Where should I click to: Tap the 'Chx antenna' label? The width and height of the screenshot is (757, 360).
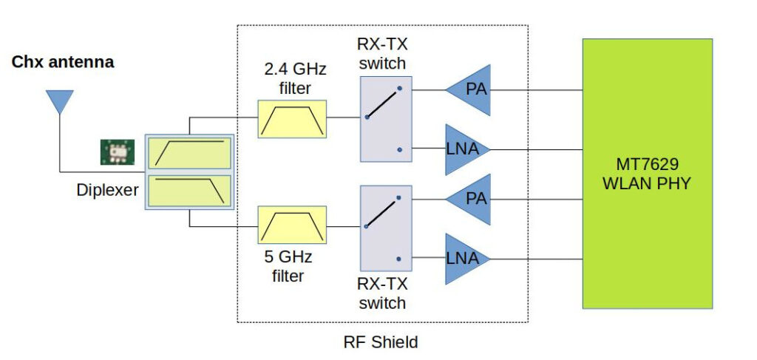63,62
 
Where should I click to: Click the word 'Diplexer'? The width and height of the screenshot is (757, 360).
107,190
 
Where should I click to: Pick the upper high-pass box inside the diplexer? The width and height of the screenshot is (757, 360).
190,153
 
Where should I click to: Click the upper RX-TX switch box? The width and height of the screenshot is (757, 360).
385,118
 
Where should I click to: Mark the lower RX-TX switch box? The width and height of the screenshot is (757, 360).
385,228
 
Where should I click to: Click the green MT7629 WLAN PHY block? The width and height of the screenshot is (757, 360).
647,174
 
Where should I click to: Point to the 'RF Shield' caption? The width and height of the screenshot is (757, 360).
381,342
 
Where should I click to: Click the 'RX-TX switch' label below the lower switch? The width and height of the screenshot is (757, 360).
382,293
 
